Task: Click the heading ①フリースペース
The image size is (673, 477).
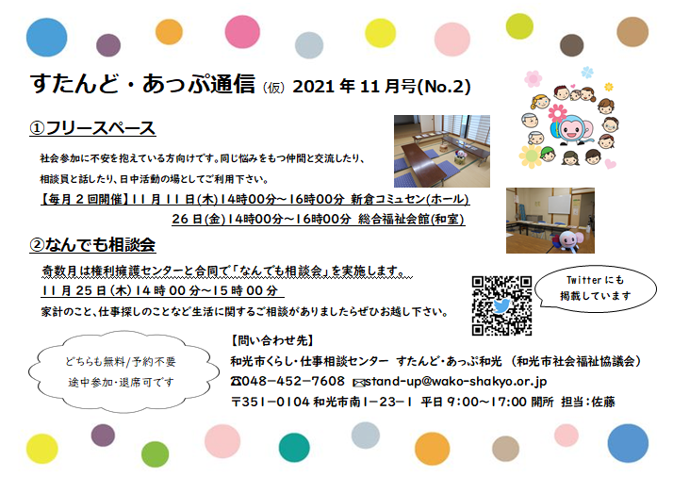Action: [92, 128]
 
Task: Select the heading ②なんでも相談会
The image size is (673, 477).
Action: [92, 245]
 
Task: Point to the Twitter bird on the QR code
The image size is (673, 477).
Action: [501, 305]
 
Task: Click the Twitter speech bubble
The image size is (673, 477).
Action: [596, 288]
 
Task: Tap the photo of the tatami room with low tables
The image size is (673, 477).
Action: [442, 151]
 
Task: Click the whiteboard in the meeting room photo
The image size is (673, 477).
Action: [559, 205]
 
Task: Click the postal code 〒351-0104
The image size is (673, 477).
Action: [271, 402]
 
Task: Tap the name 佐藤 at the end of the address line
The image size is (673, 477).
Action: [603, 402]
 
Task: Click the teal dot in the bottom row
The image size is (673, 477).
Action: [294, 447]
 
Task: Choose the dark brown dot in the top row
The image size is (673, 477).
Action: [572, 45]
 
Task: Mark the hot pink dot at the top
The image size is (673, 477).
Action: [242, 31]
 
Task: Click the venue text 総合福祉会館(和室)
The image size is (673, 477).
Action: [411, 219]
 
